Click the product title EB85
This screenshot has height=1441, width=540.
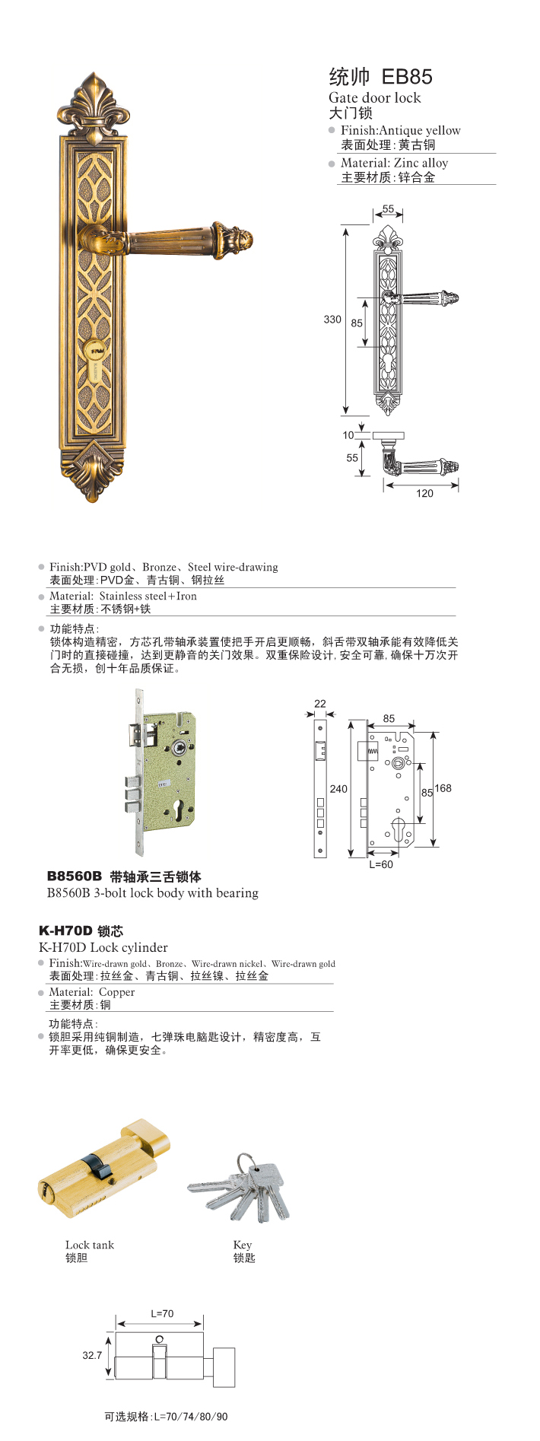point(406,76)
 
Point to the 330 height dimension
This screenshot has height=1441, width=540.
point(332,320)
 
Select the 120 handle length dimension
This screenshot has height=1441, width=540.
point(424,493)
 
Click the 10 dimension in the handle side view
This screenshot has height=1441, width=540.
point(348,435)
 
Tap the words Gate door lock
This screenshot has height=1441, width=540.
point(374,98)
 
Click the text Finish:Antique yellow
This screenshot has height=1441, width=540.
point(400,130)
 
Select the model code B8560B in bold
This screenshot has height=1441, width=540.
point(74,876)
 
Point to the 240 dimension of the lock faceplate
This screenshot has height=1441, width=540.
point(338,789)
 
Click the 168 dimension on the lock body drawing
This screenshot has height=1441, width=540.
point(443,788)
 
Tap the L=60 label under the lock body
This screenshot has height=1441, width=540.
point(381,864)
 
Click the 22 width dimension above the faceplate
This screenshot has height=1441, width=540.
point(320,704)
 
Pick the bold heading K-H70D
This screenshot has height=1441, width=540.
point(65,930)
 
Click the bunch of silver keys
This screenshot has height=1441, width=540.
point(241,1188)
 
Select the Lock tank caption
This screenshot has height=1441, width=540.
point(90,1245)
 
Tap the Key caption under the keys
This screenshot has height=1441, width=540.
point(243,1245)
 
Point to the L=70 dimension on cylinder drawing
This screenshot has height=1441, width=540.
point(162,1313)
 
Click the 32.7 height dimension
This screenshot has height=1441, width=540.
point(92,1355)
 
